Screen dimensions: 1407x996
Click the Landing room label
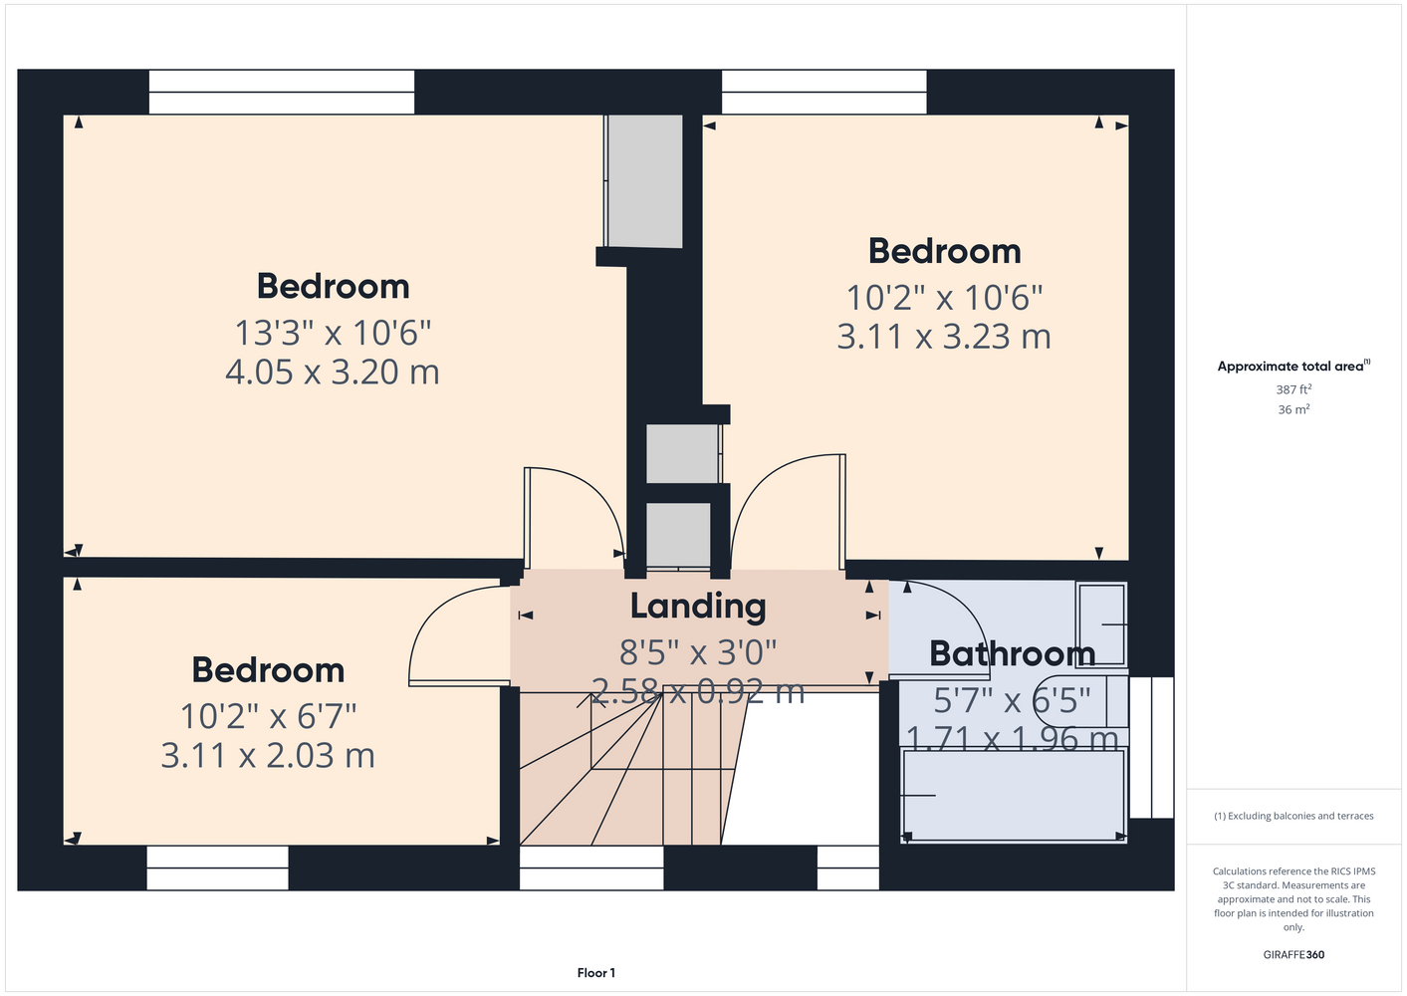698,607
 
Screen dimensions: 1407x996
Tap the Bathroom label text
1012,653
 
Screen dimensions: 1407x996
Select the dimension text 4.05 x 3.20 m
333,372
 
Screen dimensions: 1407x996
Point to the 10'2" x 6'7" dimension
268,716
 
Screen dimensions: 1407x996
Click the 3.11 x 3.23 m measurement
943,337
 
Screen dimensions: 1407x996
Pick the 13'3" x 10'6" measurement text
333,333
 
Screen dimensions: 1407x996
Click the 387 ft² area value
1293,389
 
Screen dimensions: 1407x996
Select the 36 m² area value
1293,409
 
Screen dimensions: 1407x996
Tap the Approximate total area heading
1293,367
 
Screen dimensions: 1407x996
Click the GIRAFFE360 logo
1293,954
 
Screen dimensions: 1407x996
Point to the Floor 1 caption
596,973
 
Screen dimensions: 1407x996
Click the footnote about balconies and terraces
1293,816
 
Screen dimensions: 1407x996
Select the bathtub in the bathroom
1013,795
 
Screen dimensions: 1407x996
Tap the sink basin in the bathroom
1101,623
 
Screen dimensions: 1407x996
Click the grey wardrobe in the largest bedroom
644,181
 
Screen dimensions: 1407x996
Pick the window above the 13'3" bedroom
282,92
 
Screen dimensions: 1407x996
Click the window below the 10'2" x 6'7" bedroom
217,868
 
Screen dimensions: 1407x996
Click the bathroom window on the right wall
1151,747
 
